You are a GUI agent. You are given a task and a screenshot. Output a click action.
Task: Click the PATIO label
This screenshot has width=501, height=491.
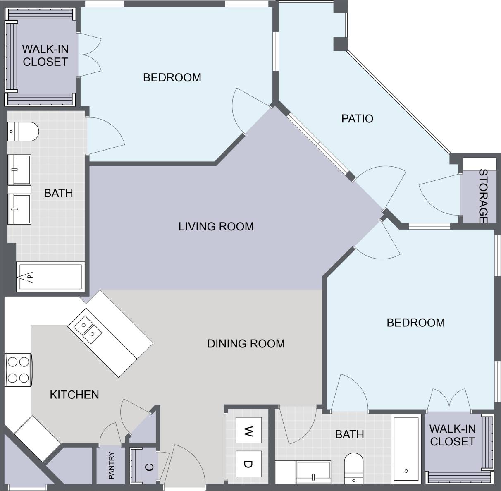click(x=357, y=119)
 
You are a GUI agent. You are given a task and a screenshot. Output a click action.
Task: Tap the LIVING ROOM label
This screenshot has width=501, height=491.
click(x=216, y=226)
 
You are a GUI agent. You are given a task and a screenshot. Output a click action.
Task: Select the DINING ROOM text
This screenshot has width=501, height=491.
click(x=246, y=343)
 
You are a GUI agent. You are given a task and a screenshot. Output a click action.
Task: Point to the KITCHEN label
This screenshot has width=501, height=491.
click(x=74, y=395)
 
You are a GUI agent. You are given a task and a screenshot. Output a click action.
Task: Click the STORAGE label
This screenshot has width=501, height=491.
click(x=482, y=196)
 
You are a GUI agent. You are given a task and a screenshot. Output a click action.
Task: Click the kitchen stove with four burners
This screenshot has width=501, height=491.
click(x=18, y=370)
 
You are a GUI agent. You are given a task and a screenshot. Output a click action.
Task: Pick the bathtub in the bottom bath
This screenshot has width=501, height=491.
click(x=406, y=448)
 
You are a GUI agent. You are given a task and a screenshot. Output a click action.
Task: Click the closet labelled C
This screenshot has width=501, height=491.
click(x=145, y=466)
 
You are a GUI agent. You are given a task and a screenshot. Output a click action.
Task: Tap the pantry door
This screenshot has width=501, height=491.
click(x=110, y=434)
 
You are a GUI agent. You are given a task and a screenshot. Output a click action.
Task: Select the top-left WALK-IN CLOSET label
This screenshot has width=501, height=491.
click(x=45, y=55)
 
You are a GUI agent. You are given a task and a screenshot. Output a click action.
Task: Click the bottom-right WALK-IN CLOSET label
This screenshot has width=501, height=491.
click(x=452, y=435)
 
